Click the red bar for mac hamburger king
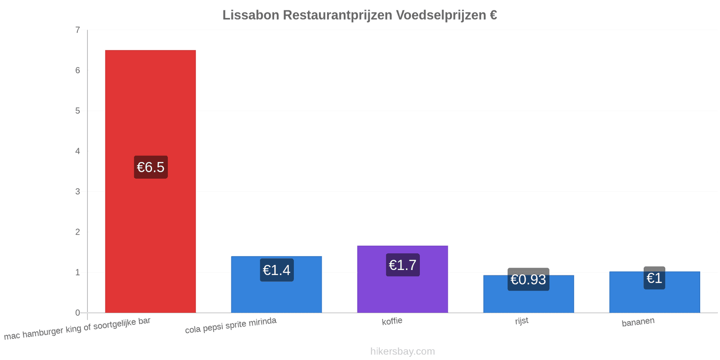click(150, 181)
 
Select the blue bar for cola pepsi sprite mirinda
click(276, 284)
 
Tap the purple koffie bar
click(402, 279)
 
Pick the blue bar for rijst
click(528, 294)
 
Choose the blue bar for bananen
click(654, 292)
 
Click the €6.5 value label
click(151, 167)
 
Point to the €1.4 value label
click(277, 270)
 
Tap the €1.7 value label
click(403, 265)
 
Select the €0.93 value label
click(528, 279)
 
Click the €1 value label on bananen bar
click(654, 278)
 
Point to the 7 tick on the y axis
click(77, 30)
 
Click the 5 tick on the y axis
click(77, 111)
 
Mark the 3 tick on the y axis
click(77, 192)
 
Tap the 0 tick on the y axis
click(77, 313)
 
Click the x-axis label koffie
click(392, 321)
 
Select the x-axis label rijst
click(522, 321)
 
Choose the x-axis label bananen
click(638, 322)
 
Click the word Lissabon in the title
click(251, 15)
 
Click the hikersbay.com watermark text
click(402, 351)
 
